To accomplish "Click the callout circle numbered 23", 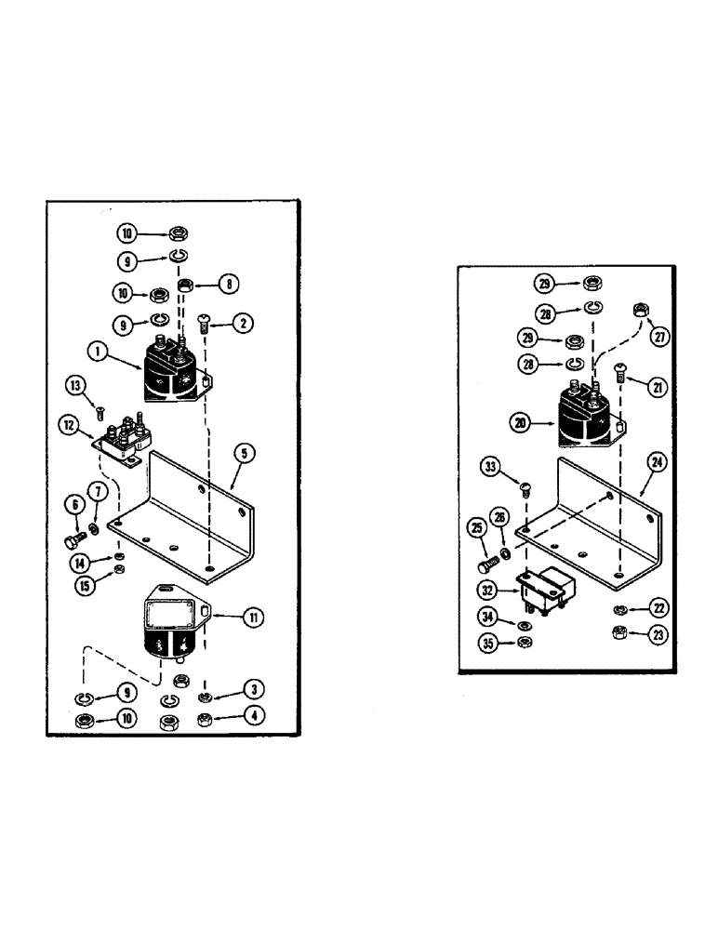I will click(658, 635).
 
